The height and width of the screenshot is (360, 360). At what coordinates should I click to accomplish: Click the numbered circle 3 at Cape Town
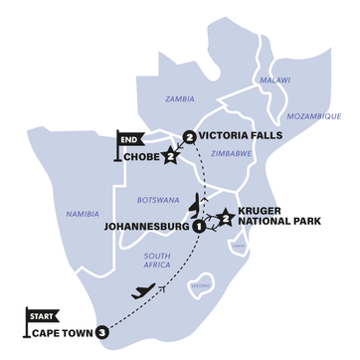[101, 332]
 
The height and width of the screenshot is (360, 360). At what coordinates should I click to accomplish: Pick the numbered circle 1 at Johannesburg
[199, 227]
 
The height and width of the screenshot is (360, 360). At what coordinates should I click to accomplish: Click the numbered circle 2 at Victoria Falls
[189, 136]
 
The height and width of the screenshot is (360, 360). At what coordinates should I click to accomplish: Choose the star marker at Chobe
[170, 156]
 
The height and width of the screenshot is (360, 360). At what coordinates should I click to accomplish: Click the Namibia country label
[83, 214]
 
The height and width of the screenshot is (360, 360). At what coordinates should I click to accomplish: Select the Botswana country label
[159, 200]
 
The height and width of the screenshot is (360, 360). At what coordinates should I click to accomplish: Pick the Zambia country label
[180, 99]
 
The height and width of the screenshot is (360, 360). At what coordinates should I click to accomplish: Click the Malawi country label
[275, 80]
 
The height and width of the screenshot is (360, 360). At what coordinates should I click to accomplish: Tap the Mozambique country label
[314, 116]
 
